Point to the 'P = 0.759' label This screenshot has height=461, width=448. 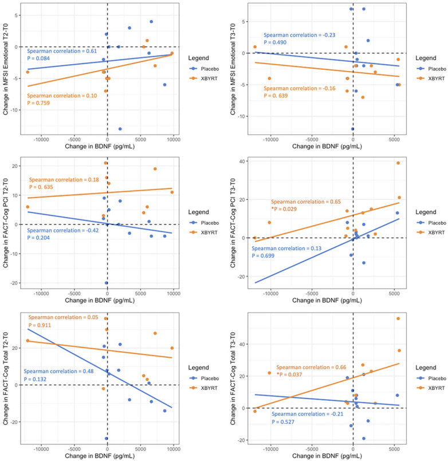42,103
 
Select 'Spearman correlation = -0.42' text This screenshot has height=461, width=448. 62,231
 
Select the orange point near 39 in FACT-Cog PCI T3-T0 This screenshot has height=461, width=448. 398,163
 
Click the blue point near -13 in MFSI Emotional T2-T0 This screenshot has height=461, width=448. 120,129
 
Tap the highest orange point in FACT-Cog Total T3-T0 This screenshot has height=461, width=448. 398,319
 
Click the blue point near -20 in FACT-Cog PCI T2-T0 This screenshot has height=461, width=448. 107,283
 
